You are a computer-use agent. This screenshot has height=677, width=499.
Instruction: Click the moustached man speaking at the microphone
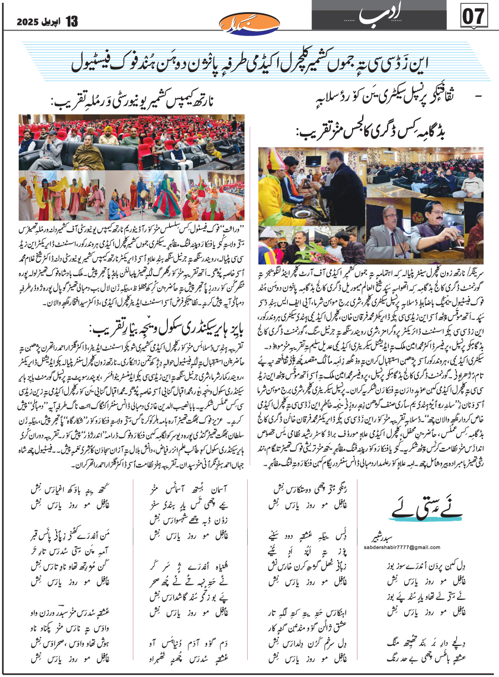(380, 227)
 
